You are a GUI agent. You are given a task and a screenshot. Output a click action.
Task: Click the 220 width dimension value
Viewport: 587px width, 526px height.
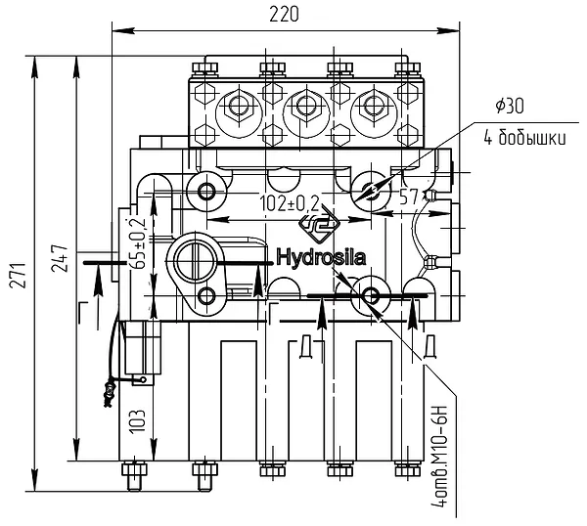point(284,15)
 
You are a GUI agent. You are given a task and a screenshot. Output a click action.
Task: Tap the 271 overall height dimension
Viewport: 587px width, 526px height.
point(18,276)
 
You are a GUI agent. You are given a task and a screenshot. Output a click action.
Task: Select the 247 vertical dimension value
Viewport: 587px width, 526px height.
point(60,258)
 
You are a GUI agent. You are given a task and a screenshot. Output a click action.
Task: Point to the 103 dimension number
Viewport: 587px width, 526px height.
point(137,421)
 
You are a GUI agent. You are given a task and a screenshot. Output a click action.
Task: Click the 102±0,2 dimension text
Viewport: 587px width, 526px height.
point(290,204)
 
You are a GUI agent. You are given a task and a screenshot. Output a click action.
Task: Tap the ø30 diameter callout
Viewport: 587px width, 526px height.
point(510,107)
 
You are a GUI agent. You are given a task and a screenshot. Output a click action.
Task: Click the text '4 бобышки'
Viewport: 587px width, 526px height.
point(524,139)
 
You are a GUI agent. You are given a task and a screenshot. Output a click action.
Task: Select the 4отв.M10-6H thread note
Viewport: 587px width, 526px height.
point(439,455)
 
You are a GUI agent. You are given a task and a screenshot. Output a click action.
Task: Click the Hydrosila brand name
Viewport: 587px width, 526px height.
point(321,258)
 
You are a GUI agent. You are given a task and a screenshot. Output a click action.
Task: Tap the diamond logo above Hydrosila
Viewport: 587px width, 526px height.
point(319,226)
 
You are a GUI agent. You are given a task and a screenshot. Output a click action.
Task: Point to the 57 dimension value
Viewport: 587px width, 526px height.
point(409,197)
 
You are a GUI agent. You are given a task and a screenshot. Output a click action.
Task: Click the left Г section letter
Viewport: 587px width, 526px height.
point(84,311)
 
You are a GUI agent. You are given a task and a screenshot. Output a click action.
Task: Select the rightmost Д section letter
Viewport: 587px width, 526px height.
point(430,347)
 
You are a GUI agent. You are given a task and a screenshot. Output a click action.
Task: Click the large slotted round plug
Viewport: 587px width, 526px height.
point(195,258)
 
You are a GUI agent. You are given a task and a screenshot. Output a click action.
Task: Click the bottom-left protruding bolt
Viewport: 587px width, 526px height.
point(134,475)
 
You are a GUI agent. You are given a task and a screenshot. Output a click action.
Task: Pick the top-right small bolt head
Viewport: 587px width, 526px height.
point(408,67)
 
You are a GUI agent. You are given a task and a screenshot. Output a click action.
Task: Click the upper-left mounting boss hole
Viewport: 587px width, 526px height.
point(205,192)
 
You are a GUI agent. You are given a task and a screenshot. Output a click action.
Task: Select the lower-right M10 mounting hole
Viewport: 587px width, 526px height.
point(370,296)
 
